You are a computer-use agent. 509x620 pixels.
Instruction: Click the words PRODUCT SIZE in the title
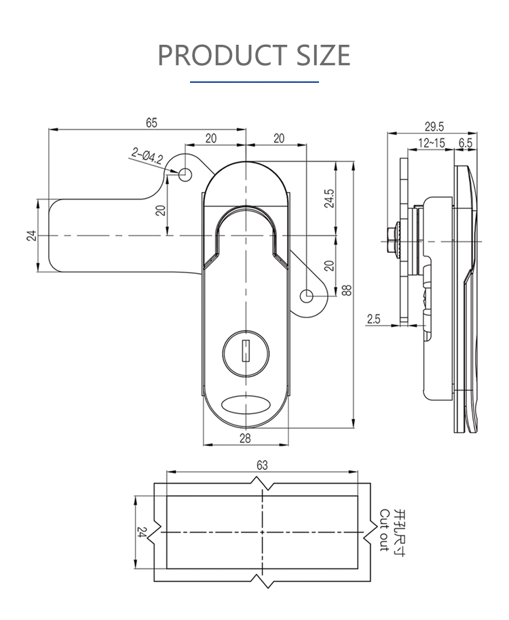(x=254, y=55)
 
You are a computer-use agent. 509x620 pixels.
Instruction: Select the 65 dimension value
(x=151, y=122)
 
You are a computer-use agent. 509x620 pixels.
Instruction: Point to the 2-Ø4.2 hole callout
(x=147, y=159)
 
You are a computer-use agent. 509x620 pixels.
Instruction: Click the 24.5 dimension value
(x=329, y=199)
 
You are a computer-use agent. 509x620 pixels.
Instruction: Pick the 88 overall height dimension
(x=347, y=290)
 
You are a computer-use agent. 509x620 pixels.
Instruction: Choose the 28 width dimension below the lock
(x=245, y=438)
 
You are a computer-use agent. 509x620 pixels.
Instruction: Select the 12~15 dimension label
(x=432, y=142)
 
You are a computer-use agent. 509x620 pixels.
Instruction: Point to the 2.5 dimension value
(x=373, y=319)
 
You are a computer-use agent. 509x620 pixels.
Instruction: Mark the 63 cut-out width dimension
(x=263, y=465)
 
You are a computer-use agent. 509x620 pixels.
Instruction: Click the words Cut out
(x=384, y=530)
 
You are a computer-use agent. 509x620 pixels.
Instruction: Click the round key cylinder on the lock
(x=245, y=350)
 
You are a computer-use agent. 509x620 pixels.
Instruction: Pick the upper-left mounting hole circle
(x=184, y=174)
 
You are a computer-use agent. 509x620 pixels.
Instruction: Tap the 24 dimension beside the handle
(x=31, y=235)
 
